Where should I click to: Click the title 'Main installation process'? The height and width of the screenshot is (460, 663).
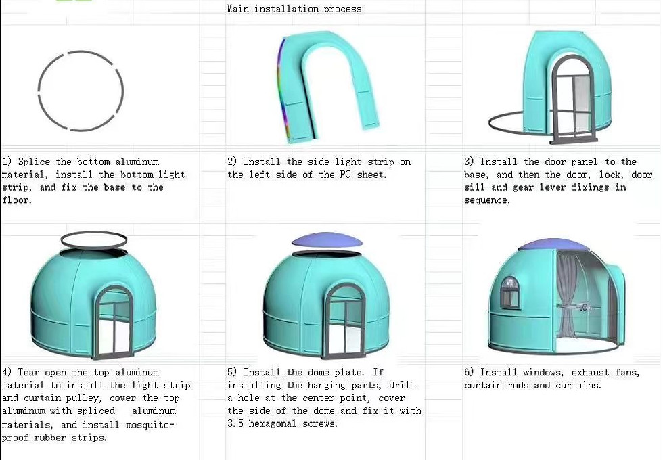coord(294,8)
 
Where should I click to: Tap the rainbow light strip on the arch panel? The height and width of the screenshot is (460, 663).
coord(281,89)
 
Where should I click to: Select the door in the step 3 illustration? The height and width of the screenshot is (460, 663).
coord(573,99)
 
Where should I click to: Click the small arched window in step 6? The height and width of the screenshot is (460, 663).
coord(510,292)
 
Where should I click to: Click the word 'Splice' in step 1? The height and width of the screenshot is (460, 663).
coord(34,162)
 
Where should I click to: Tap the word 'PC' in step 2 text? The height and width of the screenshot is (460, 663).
coord(345,175)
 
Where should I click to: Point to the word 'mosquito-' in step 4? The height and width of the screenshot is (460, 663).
coord(150,425)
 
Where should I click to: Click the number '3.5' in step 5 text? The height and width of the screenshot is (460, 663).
coord(235,423)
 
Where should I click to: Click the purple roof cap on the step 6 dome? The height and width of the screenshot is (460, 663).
coord(553,245)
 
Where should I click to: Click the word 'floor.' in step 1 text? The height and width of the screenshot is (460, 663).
coord(17,200)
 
